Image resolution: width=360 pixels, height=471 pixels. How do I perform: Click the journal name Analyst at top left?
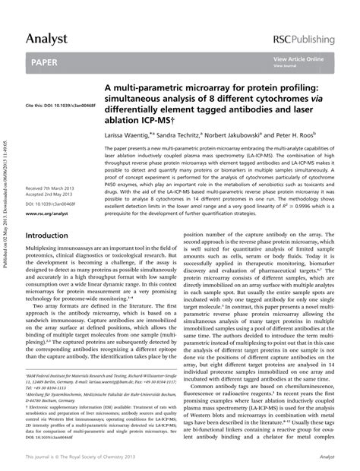(46, 37)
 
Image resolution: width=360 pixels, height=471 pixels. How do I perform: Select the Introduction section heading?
(47, 236)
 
